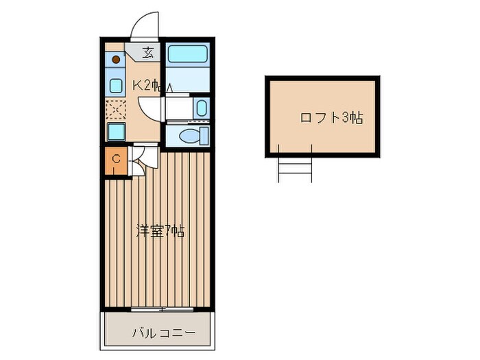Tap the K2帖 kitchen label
coord(146,86)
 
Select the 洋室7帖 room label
coord(160,231)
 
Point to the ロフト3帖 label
coord(331,117)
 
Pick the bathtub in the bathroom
coord(187,54)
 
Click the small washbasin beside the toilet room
coord(200,107)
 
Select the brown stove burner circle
coord(117,60)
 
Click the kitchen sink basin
coord(116,85)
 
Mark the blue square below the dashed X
coord(116,131)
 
